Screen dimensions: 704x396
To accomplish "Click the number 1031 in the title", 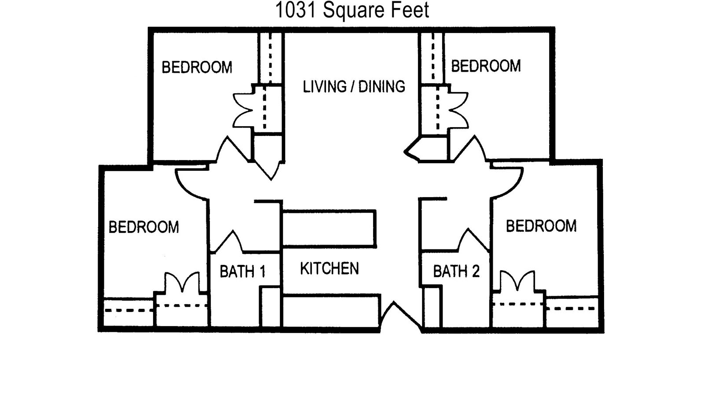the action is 295,10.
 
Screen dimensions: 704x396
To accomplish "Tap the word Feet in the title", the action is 410,10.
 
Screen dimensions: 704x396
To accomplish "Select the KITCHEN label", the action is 330,268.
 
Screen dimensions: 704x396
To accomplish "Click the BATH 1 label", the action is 242,271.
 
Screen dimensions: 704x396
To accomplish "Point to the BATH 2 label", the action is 456,271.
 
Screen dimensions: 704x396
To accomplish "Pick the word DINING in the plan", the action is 381,86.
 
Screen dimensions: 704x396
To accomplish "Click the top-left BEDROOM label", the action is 197,67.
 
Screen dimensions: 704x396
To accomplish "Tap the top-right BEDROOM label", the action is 486,66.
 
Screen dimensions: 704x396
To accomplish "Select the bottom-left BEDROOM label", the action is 143,227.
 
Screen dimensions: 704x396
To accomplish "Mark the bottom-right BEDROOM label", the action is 541,226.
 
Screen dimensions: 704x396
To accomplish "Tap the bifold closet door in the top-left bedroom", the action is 242,110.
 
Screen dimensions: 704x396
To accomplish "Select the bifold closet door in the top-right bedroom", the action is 458,110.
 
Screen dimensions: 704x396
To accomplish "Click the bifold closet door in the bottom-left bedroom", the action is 182,282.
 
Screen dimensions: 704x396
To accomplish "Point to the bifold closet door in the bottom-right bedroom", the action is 517,281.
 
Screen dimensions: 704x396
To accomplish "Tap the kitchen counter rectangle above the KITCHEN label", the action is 329,229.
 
